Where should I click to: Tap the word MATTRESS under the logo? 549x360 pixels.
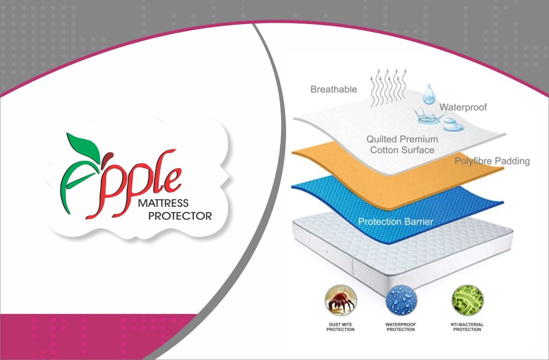click(163, 203)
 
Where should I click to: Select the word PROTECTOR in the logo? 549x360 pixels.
click(180, 216)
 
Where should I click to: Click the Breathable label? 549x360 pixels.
click(334, 89)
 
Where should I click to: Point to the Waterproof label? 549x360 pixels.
click(463, 107)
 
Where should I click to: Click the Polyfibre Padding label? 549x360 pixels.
click(492, 161)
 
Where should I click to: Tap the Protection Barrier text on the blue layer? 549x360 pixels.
click(395, 222)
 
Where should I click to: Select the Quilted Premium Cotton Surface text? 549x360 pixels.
click(402, 145)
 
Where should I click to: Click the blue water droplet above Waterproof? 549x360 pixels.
click(428, 94)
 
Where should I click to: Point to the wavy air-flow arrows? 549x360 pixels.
click(389, 88)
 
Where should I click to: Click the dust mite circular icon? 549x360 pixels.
click(341, 300)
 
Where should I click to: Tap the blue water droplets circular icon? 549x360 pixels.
click(401, 300)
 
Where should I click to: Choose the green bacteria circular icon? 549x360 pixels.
click(468, 300)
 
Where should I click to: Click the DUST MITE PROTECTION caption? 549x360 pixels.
click(341, 327)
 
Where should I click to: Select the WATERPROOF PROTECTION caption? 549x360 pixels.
click(401, 327)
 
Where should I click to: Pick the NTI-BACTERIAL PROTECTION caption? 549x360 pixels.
click(467, 327)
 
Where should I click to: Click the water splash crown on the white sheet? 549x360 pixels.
click(428, 117)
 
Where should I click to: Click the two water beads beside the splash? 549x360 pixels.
click(453, 124)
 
